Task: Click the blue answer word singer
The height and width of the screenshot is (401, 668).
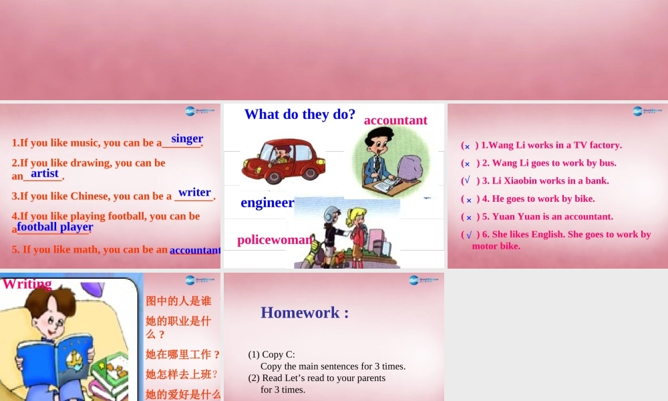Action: pos(187,138)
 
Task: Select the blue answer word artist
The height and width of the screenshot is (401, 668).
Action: pos(45,173)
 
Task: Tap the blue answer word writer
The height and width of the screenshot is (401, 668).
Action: pos(194,192)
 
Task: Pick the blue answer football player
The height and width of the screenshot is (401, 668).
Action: pos(55,227)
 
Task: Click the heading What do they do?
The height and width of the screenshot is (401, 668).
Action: pos(300,114)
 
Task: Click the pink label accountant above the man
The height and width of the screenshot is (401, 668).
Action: pos(395,120)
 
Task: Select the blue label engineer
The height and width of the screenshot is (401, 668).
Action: pos(267,203)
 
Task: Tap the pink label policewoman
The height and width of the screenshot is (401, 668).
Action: pos(275,239)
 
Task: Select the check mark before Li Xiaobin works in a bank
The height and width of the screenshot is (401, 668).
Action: pos(468,180)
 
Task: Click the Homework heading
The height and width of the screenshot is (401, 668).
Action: pos(305,312)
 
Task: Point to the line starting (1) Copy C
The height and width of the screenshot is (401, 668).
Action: pos(272,355)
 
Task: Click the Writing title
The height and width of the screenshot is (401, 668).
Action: pos(27,283)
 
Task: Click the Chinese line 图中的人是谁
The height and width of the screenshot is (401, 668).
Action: pos(178,301)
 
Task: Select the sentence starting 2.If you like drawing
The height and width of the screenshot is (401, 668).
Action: pos(88,162)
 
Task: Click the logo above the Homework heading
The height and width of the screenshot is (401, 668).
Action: pos(423,280)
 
